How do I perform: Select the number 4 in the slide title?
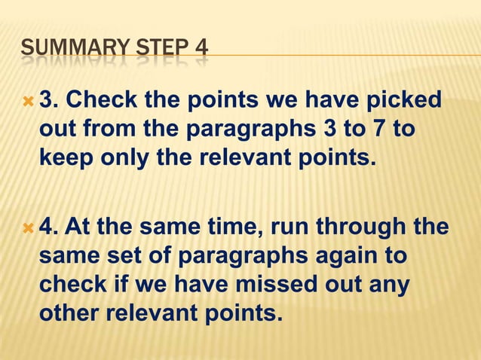click(200, 52)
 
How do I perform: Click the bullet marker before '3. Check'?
click(28, 102)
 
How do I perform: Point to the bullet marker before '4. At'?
click(28, 228)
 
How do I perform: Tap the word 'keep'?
click(65, 157)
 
